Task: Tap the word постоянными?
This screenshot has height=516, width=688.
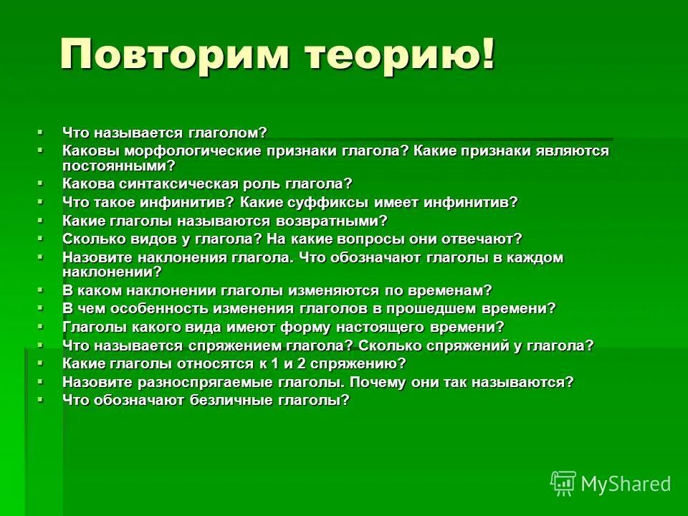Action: click(119, 165)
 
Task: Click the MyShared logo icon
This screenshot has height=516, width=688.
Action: click(563, 484)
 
